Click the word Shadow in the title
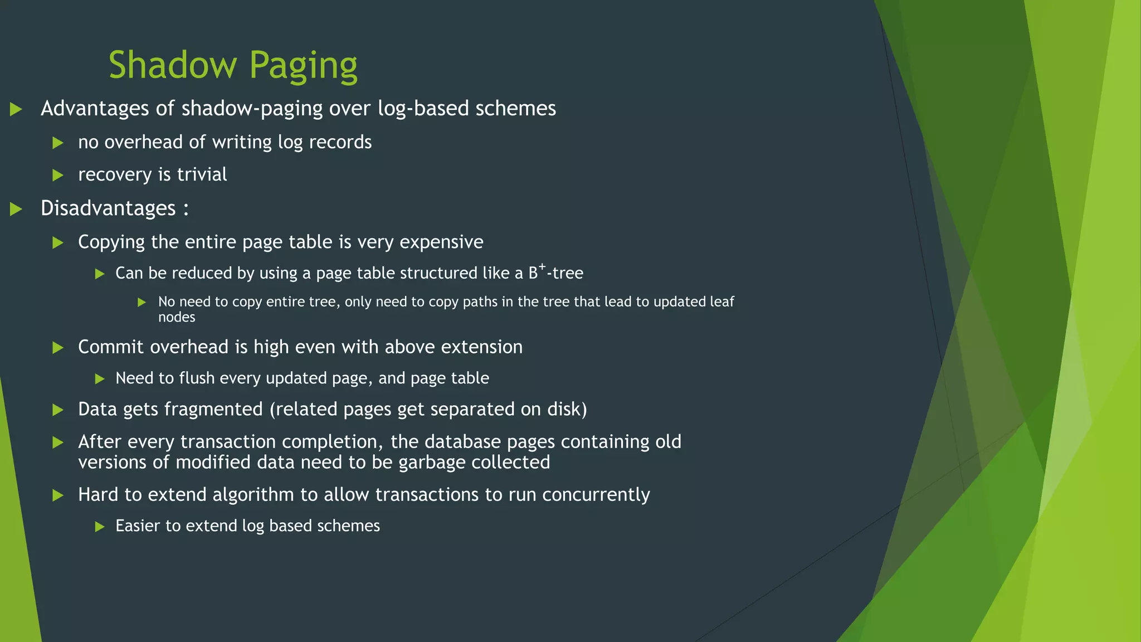coord(173,65)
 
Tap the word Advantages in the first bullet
coord(95,108)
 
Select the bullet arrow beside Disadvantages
coord(16,209)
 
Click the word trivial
coord(202,174)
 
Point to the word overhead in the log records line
coord(144,142)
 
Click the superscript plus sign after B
coord(542,267)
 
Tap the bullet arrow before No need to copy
coord(142,302)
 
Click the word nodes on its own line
coord(177,317)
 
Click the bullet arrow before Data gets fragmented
coord(57,410)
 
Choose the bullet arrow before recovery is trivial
coord(57,175)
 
